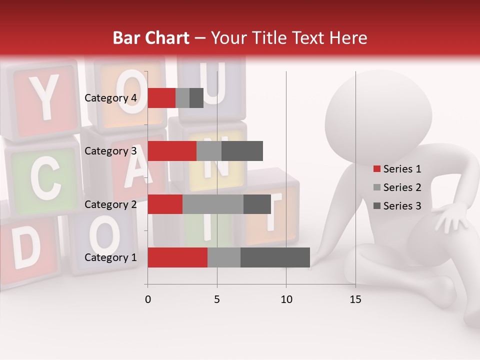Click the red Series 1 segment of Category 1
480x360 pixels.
[177, 257]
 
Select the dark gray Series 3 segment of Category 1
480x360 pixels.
[275, 257]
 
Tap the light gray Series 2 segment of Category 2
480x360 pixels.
[213, 204]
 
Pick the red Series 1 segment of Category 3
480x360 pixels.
[172, 151]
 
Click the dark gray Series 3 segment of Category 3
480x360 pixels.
[242, 151]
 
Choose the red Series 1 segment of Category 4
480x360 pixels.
[161, 98]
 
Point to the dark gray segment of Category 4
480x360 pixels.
[196, 98]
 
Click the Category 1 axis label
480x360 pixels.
[110, 257]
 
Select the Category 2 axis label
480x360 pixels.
[110, 204]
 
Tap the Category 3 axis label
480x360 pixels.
[110, 151]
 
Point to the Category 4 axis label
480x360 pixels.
[110, 98]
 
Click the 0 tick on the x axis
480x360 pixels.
[147, 299]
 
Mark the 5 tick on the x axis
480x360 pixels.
[217, 299]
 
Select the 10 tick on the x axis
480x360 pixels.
[286, 299]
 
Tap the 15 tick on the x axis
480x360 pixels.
[355, 299]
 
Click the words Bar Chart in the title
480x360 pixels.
[150, 38]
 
